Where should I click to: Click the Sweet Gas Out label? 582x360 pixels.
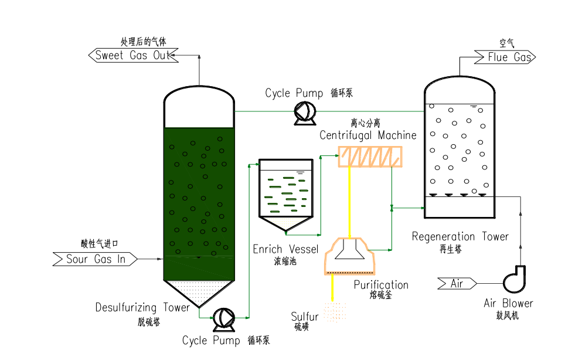coord(132,56)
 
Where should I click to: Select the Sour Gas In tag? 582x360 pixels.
coord(96,259)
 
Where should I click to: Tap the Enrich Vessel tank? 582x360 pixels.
coord(287,193)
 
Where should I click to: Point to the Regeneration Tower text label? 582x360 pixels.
coord(460,237)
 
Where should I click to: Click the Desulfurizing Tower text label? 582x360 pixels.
coord(142,307)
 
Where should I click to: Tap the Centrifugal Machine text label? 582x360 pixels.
coord(368,135)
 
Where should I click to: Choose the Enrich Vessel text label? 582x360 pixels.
coord(285,249)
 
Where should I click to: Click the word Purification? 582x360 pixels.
coord(381,285)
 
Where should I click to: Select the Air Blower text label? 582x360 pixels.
coord(508,303)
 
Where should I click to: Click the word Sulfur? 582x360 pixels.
coord(305,317)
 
